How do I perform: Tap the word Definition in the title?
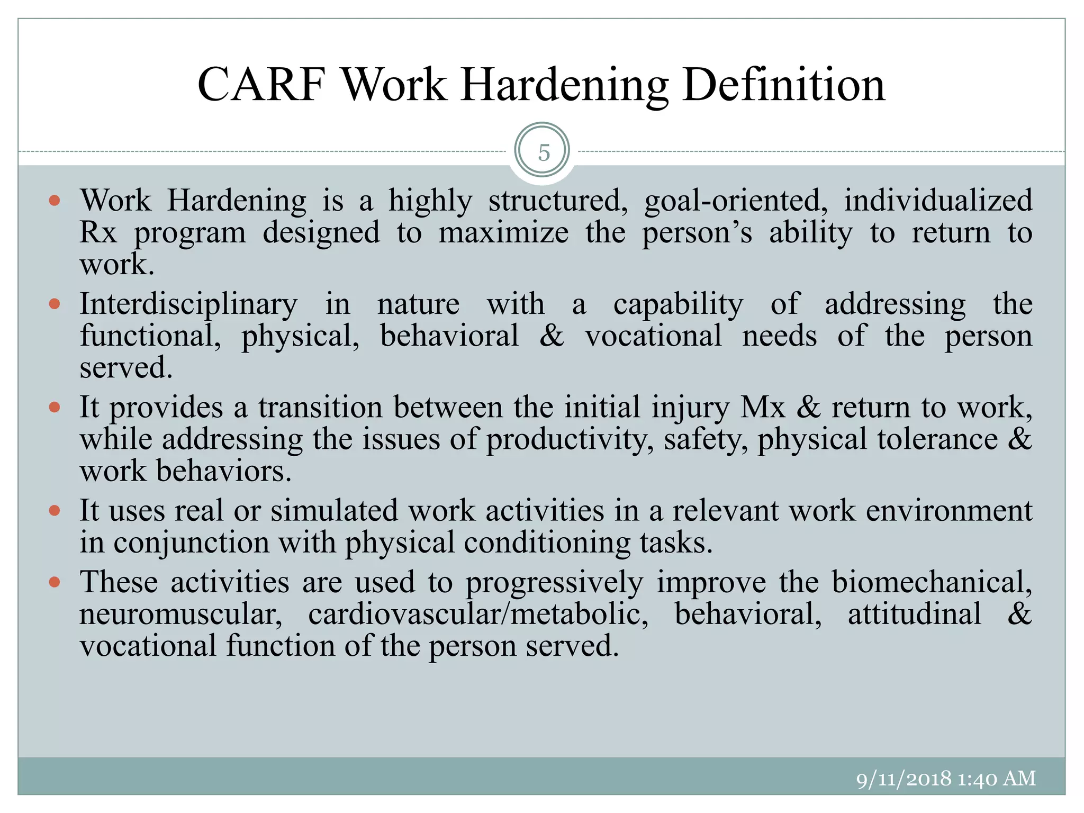784,85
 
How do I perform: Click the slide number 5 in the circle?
544,152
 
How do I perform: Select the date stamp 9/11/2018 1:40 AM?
945,779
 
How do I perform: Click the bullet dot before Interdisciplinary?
54,304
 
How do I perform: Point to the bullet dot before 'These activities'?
54,583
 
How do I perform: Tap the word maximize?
503,232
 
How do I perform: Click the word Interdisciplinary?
188,305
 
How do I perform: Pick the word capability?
678,305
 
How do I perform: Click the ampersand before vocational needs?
552,336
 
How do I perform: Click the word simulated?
334,511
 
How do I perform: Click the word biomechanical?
932,582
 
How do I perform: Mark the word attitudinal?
914,615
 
